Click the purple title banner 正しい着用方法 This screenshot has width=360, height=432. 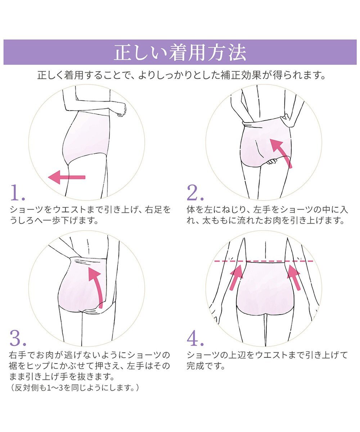point(180,52)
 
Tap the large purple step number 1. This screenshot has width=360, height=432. point(18,193)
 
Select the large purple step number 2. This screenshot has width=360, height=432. point(195,193)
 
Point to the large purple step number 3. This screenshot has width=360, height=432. point(18,338)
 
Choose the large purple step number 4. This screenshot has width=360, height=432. point(195,338)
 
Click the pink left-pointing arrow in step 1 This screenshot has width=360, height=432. point(67,177)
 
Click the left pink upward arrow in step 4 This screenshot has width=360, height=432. point(236,277)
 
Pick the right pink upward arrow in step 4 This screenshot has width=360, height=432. point(294,277)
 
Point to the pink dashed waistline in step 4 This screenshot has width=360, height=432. point(264,261)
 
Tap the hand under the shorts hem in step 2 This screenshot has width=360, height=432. point(271,161)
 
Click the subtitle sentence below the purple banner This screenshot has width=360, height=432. point(181,75)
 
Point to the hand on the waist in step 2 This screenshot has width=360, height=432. point(287,121)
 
